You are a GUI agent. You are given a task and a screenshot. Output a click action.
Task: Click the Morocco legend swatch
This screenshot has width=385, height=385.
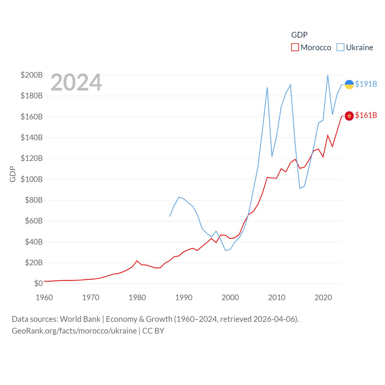point(295,48)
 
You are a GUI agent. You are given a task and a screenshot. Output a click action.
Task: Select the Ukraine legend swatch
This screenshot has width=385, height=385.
point(340,48)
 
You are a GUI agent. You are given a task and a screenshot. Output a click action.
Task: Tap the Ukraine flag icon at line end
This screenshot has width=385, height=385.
point(349,85)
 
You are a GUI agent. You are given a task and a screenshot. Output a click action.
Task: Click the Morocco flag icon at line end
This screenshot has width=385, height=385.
point(349,116)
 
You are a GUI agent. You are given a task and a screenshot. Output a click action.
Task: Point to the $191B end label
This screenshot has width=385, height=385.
point(366,84)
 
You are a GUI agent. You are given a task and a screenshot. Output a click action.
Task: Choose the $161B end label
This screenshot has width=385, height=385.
point(366,115)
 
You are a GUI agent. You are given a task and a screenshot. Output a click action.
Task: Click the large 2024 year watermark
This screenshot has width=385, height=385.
point(76,82)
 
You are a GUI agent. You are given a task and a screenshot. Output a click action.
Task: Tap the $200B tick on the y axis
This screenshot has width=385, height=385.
point(32,75)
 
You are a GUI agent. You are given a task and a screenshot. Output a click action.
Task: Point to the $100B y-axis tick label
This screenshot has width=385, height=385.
point(32,179)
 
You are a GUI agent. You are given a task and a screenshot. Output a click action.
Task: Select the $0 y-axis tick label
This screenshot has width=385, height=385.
point(38,283)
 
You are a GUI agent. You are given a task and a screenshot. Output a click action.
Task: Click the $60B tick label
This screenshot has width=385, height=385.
point(34,221)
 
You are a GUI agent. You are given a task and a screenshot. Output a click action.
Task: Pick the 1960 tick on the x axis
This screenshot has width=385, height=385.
point(44,297)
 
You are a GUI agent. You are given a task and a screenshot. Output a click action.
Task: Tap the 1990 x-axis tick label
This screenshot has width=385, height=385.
point(184,297)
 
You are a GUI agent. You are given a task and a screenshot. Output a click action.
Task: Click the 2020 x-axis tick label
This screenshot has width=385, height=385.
point(323,297)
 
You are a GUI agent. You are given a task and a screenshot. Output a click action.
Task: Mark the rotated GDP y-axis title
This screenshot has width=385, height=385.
point(13,174)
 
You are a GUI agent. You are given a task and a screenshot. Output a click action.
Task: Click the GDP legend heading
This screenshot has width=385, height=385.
point(299,35)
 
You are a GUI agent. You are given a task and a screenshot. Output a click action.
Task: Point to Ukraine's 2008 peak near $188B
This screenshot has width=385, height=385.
point(267,88)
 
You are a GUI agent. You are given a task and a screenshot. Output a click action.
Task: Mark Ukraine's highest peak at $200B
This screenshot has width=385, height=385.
point(328,75)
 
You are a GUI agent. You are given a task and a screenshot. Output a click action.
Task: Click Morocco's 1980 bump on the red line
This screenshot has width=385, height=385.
point(137,261)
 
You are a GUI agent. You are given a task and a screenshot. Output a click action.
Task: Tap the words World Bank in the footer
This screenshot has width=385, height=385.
point(80,319)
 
